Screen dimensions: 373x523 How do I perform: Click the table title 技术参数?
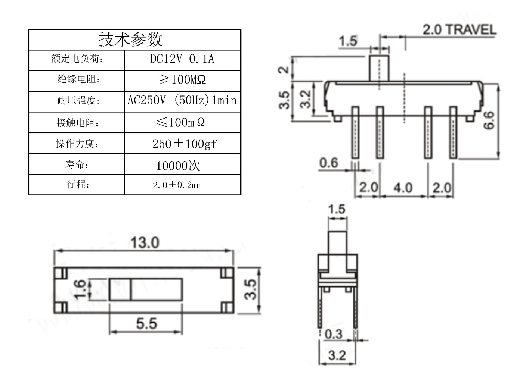click(130, 39)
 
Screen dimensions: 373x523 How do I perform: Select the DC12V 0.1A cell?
click(182, 59)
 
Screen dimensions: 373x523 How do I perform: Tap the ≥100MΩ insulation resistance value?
click(182, 79)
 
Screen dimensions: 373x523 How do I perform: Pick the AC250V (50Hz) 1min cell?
click(182, 100)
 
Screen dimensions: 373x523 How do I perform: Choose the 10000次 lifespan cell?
click(178, 165)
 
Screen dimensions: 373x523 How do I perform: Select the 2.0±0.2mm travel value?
click(177, 185)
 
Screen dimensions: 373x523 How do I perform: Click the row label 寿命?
click(77, 164)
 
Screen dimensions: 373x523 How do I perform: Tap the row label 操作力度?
click(77, 144)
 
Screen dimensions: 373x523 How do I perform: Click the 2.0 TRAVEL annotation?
click(459, 30)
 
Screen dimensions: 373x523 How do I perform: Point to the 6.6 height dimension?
click(489, 120)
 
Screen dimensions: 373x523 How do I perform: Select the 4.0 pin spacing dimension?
click(403, 187)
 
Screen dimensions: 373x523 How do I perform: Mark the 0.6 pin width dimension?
click(328, 163)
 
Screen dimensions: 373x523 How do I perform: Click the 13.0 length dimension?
click(145, 243)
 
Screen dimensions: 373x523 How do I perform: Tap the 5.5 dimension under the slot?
click(146, 323)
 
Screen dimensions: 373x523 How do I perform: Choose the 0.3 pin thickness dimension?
click(333, 334)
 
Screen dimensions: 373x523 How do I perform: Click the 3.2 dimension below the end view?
click(337, 355)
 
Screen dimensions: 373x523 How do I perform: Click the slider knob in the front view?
click(379, 68)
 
